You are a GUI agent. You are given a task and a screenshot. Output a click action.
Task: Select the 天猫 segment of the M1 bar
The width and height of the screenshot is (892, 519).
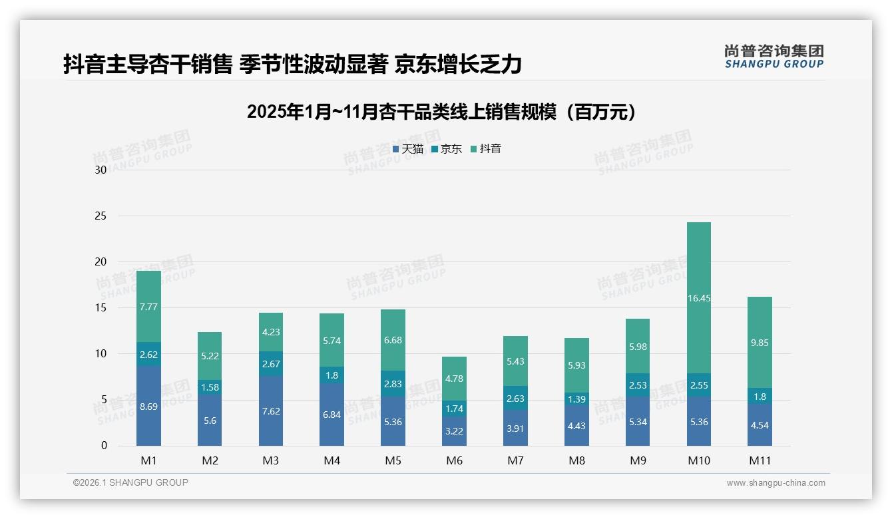148,406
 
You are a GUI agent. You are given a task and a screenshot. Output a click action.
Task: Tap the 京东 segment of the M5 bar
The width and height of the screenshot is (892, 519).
393,383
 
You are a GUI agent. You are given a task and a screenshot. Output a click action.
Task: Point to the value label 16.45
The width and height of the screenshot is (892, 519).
698,299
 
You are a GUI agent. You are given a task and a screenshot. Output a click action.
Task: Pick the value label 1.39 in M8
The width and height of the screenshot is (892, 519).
576,399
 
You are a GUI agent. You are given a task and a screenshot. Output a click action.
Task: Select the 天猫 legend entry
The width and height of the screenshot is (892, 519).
408,149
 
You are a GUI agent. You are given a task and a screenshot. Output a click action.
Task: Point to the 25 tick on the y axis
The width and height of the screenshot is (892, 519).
101,216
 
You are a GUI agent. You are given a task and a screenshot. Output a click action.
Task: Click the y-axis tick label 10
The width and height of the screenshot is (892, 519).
101,353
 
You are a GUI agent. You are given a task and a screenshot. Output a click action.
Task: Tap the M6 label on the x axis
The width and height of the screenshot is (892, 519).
454,460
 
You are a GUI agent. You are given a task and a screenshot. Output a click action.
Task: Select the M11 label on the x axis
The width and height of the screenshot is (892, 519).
760,460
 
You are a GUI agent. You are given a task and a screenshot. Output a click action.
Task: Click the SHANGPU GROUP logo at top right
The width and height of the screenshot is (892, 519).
774,56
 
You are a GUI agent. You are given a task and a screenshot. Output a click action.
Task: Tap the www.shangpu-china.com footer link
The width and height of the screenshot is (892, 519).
776,483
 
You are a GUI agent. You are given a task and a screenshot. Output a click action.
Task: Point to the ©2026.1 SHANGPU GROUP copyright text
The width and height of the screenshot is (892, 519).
130,482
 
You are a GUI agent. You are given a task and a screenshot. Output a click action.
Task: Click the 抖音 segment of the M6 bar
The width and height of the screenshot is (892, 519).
454,378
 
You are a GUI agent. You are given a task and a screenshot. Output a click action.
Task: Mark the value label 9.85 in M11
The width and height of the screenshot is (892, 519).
760,343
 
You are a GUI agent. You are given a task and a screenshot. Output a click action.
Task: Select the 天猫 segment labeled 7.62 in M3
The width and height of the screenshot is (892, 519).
271,411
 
